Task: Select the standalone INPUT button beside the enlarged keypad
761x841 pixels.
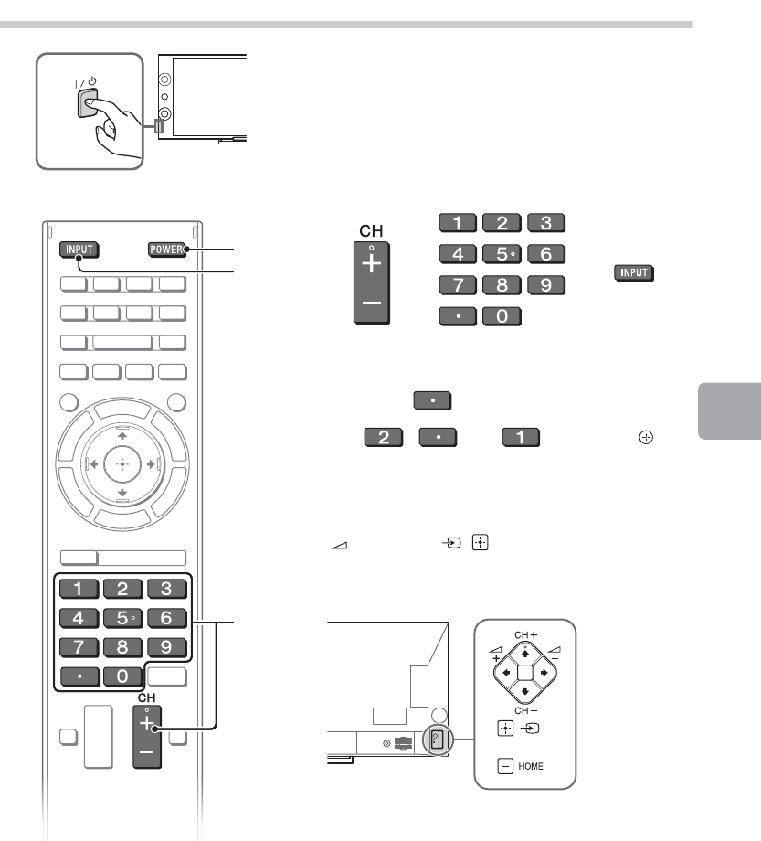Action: (637, 273)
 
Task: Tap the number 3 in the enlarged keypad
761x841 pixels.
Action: (545, 221)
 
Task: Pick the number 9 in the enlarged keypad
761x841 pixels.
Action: (545, 283)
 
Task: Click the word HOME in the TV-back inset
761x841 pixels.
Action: (531, 766)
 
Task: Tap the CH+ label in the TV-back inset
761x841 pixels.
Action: (525, 633)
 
